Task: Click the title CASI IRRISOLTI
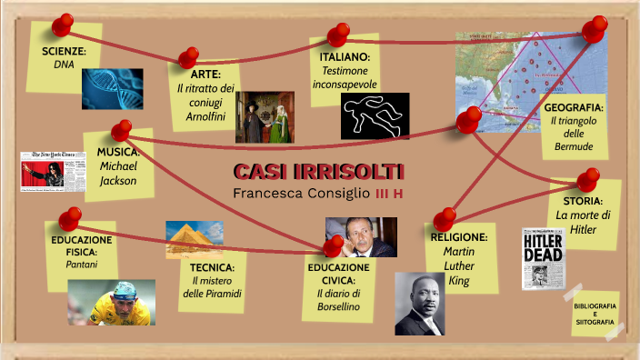319,172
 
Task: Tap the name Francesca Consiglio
300,193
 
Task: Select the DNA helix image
112,88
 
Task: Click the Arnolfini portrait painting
264,116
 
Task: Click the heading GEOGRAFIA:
574,107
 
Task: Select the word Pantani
81,265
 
